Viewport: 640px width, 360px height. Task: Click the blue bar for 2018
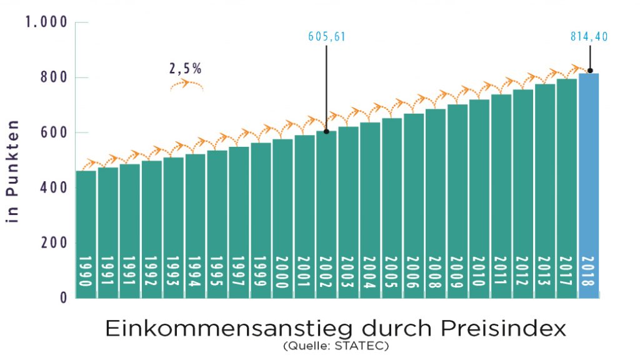pos(589,187)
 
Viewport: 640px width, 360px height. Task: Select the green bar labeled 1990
pos(86,231)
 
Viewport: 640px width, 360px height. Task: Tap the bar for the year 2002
pos(326,212)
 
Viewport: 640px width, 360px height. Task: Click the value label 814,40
pos(589,37)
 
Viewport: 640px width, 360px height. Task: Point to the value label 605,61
pos(326,37)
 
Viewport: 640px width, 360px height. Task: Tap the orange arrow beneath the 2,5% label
pos(187,86)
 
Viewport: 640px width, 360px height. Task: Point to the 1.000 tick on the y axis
pos(45,22)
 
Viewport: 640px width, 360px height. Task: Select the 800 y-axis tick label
pos(54,77)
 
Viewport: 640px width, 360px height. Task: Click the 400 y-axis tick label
pos(54,187)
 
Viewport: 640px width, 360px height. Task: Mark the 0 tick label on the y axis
pos(62,297)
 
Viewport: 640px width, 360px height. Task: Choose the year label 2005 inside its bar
pos(392,272)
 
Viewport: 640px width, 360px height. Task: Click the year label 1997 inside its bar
pos(239,272)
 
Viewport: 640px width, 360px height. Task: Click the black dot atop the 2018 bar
pos(589,71)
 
